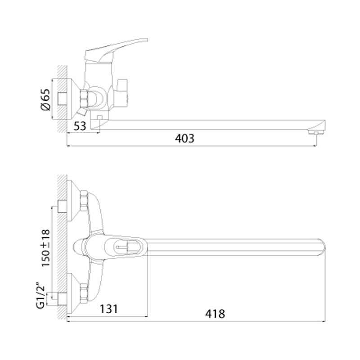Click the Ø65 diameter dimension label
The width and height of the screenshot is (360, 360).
coord(45,99)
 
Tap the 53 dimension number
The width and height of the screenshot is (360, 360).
coord(80,126)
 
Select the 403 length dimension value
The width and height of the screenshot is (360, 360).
coord(184,139)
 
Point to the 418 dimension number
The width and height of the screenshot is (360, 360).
coord(215,314)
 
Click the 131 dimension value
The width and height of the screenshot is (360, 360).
coord(109,309)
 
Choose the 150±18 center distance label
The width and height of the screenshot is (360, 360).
coord(46,248)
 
